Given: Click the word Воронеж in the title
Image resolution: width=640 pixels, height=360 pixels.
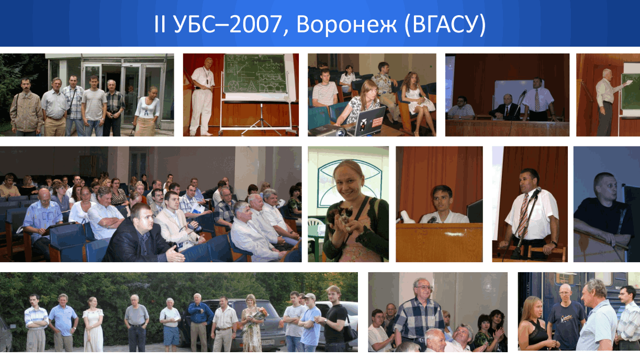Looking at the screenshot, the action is point(346,25).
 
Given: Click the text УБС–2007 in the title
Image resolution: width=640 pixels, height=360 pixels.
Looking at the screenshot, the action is point(228,25).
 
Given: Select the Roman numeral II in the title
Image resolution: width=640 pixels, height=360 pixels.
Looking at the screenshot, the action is point(160,24).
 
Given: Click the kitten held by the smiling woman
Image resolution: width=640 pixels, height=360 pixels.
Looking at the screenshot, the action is point(341,219).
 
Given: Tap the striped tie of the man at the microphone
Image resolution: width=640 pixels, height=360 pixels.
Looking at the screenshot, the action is point(523,213).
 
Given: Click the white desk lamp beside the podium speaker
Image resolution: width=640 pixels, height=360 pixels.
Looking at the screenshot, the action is point(406,217).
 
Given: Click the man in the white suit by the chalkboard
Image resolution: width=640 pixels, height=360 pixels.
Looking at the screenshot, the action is point(203,97).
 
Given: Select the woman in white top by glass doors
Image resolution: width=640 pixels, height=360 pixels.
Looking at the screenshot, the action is point(147,111).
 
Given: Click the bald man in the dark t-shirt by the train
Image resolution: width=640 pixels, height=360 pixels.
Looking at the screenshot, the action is point(565,317).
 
